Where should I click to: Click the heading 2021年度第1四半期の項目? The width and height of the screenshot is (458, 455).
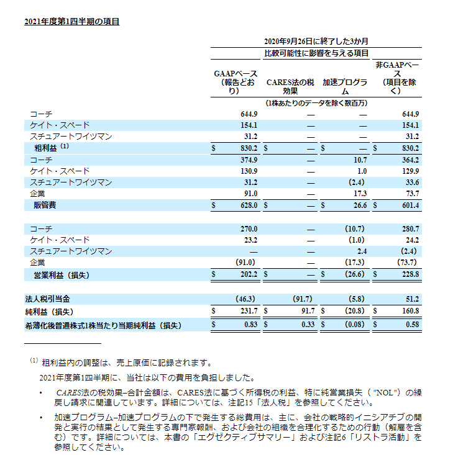(x=71, y=22)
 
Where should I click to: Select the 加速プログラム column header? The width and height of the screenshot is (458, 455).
(x=344, y=86)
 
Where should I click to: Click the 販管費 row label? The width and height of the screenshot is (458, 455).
(x=45, y=205)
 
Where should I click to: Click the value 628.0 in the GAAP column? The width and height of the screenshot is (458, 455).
(x=248, y=205)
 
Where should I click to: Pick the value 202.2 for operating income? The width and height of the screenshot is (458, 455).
(x=248, y=274)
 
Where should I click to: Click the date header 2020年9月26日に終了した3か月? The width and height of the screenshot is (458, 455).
(x=316, y=41)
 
